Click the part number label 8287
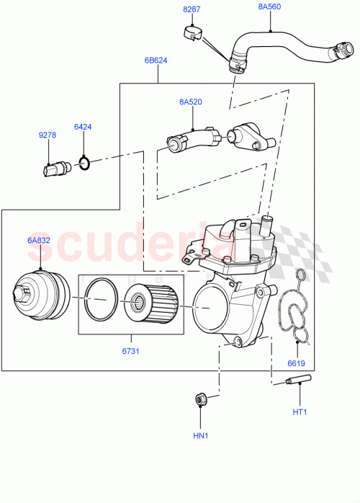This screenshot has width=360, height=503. [x=192, y=9]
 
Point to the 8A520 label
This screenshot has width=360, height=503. [x=190, y=102]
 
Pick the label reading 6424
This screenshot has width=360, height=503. [x=83, y=128]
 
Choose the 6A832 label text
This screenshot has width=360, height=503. [x=38, y=240]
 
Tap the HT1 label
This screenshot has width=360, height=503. [x=299, y=411]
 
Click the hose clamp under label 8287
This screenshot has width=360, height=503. [x=191, y=32]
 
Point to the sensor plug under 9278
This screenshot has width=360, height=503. [x=54, y=169]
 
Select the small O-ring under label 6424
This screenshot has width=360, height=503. [x=84, y=165]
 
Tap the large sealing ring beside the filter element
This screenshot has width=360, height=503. [x=100, y=303]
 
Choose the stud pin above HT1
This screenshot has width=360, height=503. [x=298, y=380]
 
